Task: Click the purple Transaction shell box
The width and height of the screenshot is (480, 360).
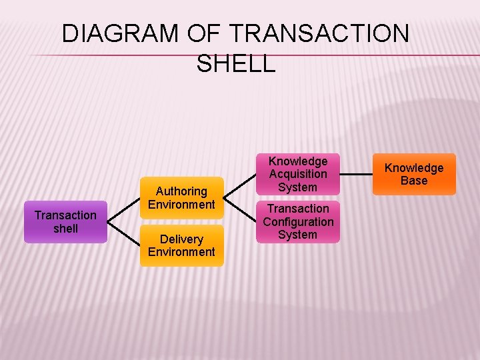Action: [x=65, y=222]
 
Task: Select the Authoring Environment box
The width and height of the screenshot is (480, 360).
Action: [x=181, y=198]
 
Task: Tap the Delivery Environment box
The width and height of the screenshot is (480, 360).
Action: [x=181, y=245]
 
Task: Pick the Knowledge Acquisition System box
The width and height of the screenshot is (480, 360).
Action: [x=298, y=174]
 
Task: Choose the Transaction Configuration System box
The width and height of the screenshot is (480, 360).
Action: [x=298, y=221]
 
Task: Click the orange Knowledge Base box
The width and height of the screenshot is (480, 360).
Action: [x=414, y=174]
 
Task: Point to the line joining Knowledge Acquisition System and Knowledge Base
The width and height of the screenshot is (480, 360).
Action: [x=356, y=175]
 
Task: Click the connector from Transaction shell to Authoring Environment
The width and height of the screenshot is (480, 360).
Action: [x=123, y=210]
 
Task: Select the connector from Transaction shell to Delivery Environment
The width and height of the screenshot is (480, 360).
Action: [x=123, y=233]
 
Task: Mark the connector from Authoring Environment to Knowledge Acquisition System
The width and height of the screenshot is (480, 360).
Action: [x=239, y=186]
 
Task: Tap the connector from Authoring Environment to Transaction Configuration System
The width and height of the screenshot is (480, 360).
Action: [x=239, y=210]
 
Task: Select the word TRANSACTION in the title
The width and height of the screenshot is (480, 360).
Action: [x=319, y=33]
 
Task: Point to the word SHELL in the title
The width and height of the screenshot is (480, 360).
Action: [x=236, y=63]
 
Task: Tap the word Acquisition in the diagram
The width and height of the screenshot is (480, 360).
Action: [x=298, y=174]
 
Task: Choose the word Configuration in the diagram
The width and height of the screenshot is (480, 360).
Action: [x=298, y=221]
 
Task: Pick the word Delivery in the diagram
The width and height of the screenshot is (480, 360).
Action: [x=181, y=239]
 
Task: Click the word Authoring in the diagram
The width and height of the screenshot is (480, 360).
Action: [x=181, y=191]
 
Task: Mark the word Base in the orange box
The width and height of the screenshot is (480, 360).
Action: [x=414, y=181]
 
